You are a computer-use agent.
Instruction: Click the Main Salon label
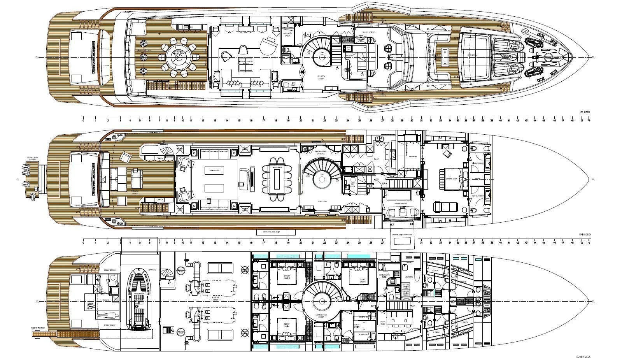click(214, 170)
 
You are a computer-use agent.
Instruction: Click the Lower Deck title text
click(583, 356)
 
